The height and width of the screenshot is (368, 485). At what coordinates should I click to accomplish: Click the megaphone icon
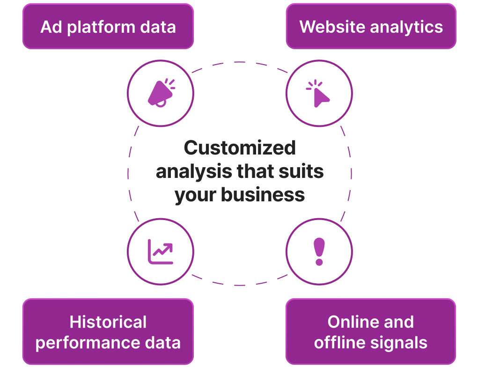pyautogui.click(x=161, y=93)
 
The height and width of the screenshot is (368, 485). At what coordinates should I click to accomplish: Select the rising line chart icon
pyautogui.click(x=160, y=252)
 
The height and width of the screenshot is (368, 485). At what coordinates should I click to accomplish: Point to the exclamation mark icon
pyautogui.click(x=319, y=252)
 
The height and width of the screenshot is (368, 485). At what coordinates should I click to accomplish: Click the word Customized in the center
pyautogui.click(x=240, y=147)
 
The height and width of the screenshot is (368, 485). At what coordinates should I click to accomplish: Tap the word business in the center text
pyautogui.click(x=263, y=195)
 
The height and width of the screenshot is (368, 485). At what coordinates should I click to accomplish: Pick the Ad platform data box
pyautogui.click(x=108, y=26)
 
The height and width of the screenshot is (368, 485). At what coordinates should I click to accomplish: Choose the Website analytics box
pyautogui.click(x=371, y=26)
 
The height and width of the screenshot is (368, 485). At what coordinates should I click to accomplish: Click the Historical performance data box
pyautogui.click(x=108, y=331)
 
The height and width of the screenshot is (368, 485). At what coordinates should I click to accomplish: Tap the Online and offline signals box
pyautogui.click(x=371, y=331)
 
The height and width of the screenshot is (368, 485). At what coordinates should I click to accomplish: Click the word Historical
pyautogui.click(x=108, y=322)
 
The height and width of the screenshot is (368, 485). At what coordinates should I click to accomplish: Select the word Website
pyautogui.click(x=332, y=27)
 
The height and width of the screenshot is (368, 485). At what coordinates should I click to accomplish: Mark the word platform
pyautogui.click(x=102, y=28)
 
